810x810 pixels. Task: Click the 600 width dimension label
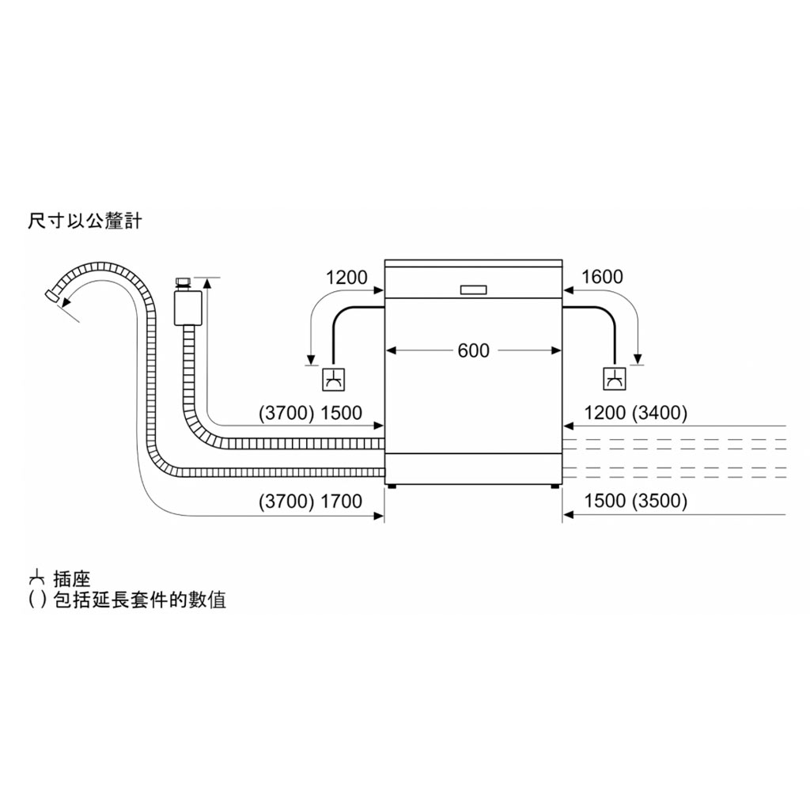(473, 350)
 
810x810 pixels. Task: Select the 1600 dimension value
(602, 277)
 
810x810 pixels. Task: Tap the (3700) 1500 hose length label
(310, 413)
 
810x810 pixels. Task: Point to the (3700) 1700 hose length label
(310, 501)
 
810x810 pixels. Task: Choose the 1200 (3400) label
(635, 413)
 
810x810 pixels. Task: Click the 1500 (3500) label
(635, 501)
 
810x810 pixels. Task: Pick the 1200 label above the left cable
(346, 278)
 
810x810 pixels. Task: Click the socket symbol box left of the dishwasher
(333, 380)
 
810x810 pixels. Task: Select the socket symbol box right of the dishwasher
(614, 379)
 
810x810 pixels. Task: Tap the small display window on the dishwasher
(473, 290)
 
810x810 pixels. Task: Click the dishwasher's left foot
(392, 486)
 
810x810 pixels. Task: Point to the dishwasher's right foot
(555, 486)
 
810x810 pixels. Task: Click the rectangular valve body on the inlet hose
(188, 308)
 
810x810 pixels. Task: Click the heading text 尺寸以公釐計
(85, 221)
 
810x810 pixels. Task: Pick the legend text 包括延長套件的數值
(140, 600)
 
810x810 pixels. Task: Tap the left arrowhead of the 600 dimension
(391, 350)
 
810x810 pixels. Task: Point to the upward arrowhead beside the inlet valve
(207, 282)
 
